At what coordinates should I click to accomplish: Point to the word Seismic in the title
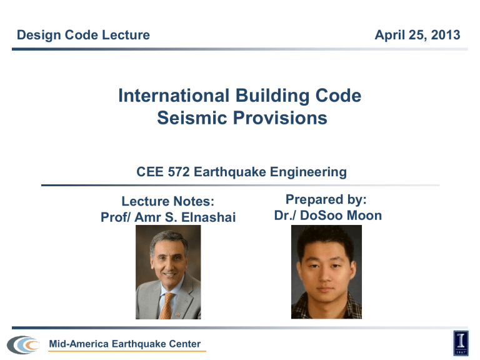pyautogui.click(x=183, y=118)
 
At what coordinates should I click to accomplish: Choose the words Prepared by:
pyautogui.click(x=327, y=199)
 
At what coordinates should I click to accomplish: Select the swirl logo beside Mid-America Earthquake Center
pyautogui.click(x=22, y=344)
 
